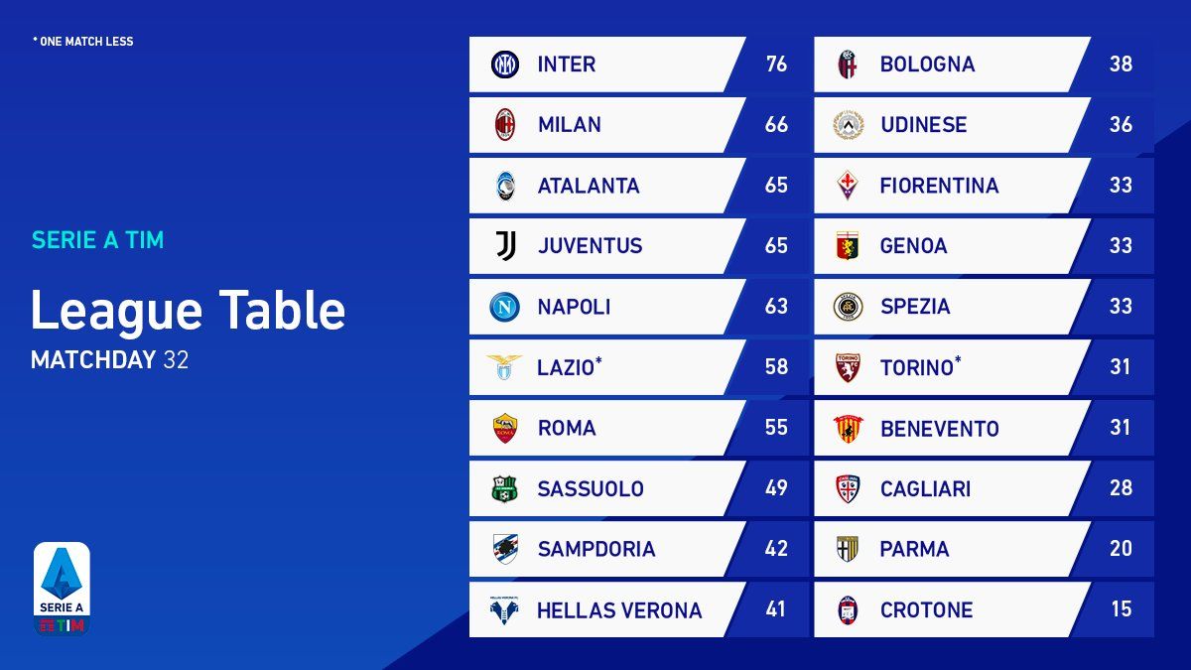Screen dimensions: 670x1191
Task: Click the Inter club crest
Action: click(x=505, y=65)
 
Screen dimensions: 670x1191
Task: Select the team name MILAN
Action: click(x=569, y=125)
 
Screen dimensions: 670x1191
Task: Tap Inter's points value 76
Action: click(x=776, y=65)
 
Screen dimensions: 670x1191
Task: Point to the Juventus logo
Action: click(x=505, y=246)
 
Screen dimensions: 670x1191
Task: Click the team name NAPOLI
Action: click(x=574, y=307)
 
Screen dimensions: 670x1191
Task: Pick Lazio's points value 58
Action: click(x=776, y=367)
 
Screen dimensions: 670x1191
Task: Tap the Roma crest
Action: click(x=505, y=428)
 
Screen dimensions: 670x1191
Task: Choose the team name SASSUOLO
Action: click(x=591, y=488)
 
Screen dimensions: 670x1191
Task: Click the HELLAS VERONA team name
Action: click(x=619, y=610)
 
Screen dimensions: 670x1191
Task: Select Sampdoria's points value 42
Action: click(x=776, y=549)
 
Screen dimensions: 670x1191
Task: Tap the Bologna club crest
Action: click(x=848, y=65)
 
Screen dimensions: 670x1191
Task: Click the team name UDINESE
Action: click(x=923, y=125)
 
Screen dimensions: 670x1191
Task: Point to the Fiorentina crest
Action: click(x=848, y=186)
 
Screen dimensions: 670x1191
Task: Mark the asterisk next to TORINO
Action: click(x=958, y=360)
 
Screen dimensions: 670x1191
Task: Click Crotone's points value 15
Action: click(x=1121, y=609)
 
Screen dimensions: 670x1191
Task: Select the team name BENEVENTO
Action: click(x=939, y=429)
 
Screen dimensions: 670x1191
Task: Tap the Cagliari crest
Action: click(x=848, y=488)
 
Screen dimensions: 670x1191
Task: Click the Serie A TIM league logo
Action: click(x=63, y=589)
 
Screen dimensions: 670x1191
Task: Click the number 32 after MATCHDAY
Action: click(x=176, y=359)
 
